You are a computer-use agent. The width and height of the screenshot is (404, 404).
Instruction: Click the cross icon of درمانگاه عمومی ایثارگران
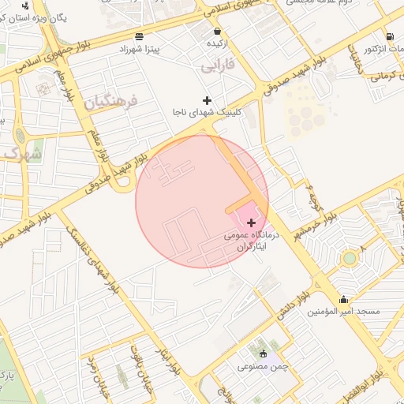(251, 223)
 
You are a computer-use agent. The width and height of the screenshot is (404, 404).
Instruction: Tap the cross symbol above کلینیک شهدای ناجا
(208, 100)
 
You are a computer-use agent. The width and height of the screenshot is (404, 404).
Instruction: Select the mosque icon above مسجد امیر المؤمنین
(343, 300)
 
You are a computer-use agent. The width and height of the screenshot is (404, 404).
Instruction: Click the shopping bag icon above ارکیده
(217, 31)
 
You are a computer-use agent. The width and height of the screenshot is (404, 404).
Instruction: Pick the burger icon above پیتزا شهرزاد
(140, 36)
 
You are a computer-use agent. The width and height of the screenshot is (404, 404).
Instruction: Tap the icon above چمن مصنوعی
(263, 354)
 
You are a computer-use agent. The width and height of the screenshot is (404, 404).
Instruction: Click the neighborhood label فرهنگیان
(111, 102)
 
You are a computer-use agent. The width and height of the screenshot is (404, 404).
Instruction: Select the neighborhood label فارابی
(218, 65)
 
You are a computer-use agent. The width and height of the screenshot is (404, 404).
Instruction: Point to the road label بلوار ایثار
(170, 358)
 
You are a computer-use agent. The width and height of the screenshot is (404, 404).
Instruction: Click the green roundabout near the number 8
(349, 258)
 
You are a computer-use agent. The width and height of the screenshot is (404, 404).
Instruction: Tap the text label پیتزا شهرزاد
(140, 49)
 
